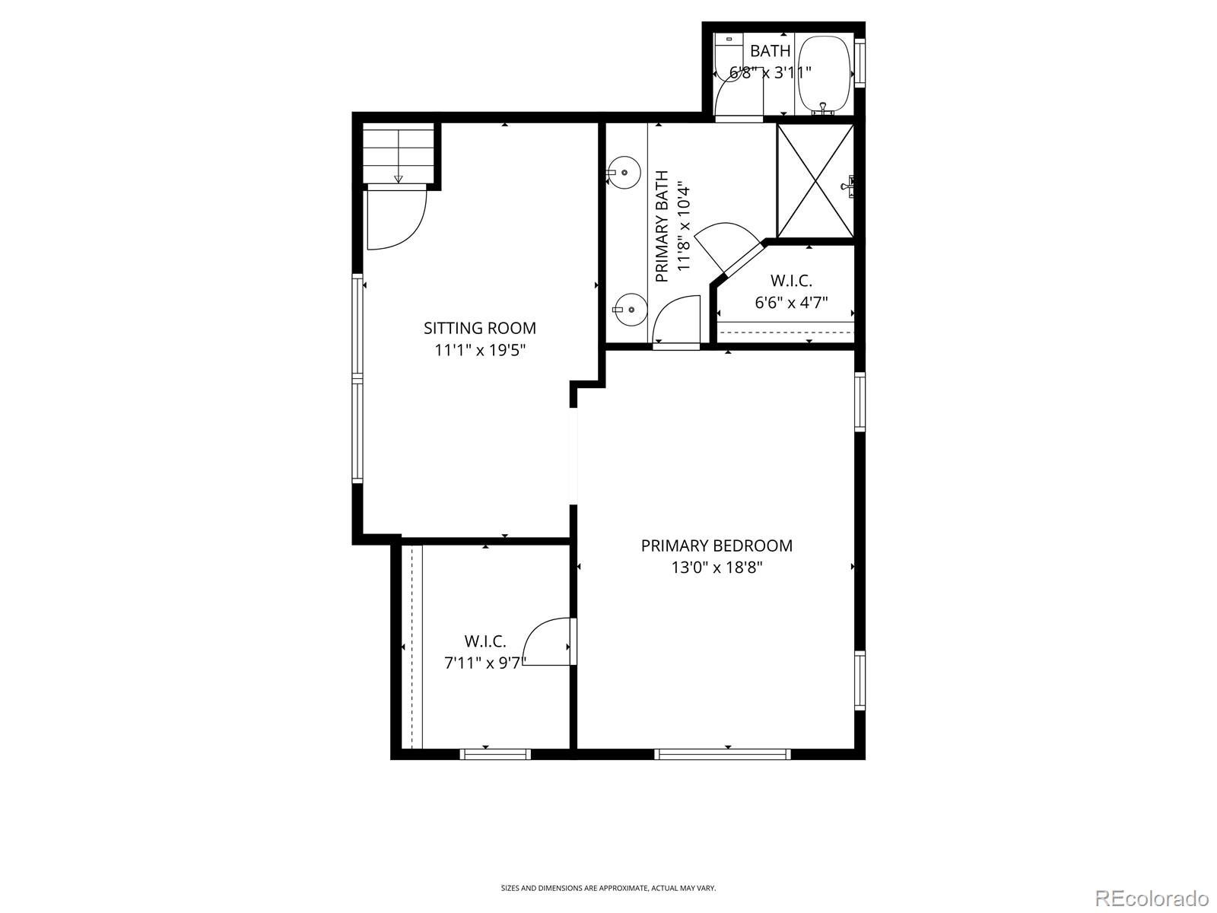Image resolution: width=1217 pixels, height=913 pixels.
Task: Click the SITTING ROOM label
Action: point(480,328)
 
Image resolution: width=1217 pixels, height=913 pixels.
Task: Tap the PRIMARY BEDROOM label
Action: point(717,546)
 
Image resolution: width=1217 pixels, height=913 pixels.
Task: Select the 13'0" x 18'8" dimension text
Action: point(717,568)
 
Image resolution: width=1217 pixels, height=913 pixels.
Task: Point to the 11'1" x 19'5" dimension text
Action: point(480,351)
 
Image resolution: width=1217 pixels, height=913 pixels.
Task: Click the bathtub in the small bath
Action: point(823,75)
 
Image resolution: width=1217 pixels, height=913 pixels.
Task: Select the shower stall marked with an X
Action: point(815,181)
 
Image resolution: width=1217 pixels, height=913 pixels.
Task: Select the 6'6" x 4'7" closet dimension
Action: point(791,303)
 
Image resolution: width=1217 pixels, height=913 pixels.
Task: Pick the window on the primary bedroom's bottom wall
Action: point(722,754)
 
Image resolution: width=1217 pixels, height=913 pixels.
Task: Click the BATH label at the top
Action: point(770,51)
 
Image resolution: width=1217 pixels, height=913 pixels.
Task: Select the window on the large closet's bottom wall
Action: point(495,754)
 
